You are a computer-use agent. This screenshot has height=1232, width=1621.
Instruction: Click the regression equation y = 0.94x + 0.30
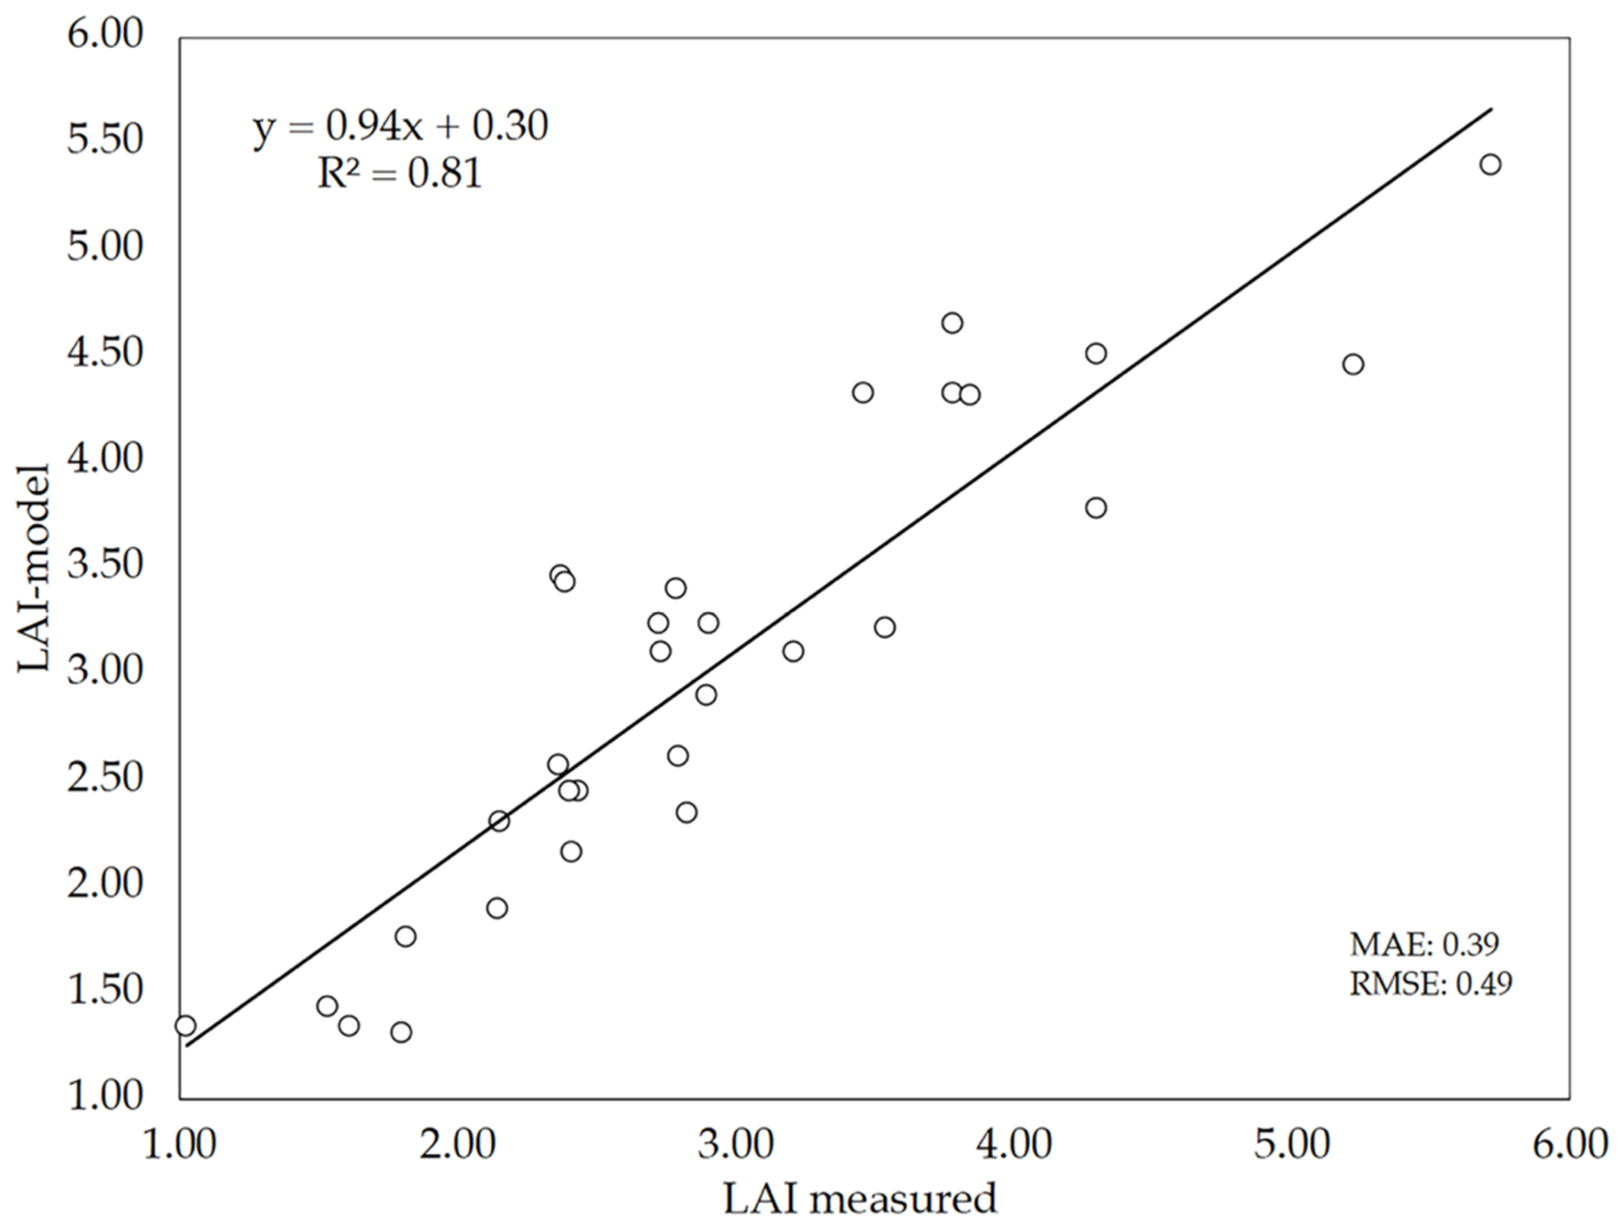[x=400, y=127]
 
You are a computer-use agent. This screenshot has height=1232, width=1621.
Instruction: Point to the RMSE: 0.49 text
[x=1430, y=984]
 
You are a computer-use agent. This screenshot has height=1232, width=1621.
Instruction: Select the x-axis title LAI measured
[x=860, y=1200]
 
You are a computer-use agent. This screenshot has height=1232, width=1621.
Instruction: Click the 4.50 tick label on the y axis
[x=104, y=352]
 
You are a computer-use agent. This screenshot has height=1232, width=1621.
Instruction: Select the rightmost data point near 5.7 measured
[x=1490, y=164]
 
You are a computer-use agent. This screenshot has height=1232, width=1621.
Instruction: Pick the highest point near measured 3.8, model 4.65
[x=952, y=323]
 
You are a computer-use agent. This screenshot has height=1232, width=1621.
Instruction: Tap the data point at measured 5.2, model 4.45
[x=1353, y=364]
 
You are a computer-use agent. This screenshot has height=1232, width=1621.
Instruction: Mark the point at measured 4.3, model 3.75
[x=1096, y=507]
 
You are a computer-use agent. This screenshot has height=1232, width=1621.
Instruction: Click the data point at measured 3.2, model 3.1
[x=793, y=651]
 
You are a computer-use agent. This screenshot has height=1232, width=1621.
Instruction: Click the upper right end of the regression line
[x=1490, y=109]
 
